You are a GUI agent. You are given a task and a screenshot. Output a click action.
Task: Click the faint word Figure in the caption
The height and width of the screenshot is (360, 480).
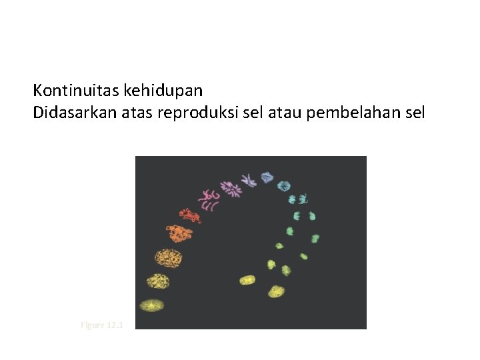pyautogui.click(x=92, y=325)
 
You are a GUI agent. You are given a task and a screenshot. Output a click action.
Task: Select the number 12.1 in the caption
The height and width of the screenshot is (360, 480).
pyautogui.click(x=115, y=325)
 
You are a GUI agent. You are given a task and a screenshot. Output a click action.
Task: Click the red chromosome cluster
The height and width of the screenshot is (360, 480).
pyautogui.click(x=189, y=215)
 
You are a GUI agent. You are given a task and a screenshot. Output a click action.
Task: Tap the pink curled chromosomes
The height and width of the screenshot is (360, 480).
pyautogui.click(x=209, y=199)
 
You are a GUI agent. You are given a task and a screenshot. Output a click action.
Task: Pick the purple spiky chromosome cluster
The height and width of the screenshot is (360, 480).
pyautogui.click(x=231, y=189)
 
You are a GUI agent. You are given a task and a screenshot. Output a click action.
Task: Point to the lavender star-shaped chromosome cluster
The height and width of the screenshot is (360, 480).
pyautogui.click(x=249, y=179)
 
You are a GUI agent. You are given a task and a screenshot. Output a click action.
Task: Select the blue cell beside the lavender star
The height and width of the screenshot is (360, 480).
pyautogui.click(x=267, y=177)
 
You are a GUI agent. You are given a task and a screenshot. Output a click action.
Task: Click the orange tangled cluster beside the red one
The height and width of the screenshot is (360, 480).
pyautogui.click(x=179, y=233)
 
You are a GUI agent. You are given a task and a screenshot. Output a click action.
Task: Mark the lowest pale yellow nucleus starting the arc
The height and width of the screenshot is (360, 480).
pyautogui.click(x=152, y=305)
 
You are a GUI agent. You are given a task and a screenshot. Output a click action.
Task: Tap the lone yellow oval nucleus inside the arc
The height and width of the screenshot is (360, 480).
pyautogui.click(x=247, y=281)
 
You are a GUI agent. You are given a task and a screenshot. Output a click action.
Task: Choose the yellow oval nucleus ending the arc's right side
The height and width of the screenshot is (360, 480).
pyautogui.click(x=276, y=291)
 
